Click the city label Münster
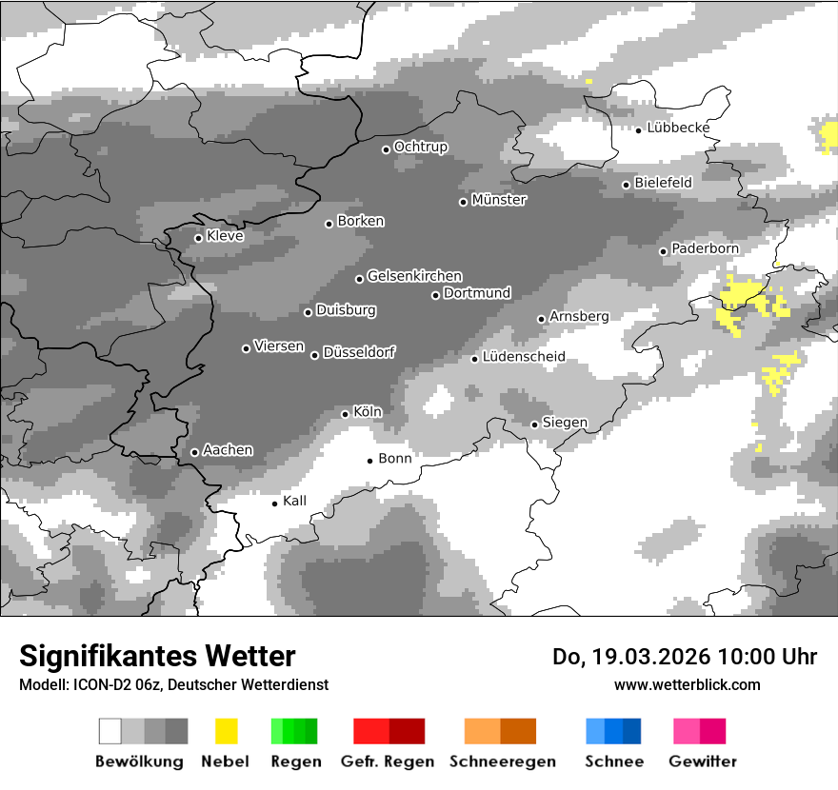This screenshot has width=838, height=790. point(499,200)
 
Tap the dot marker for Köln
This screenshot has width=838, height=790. point(345,414)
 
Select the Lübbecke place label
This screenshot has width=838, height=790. point(678,128)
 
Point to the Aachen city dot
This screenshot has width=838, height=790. point(194,452)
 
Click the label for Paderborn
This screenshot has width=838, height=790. point(705,248)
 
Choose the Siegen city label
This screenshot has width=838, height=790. point(565,423)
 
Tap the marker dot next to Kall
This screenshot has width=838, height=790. point(275,504)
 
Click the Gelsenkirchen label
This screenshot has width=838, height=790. point(414,276)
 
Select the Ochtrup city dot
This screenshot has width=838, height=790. point(386,149)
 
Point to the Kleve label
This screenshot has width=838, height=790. point(225,236)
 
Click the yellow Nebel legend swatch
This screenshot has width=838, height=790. point(226,731)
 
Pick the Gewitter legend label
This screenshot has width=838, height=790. point(702,761)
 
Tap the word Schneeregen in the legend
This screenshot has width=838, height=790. point(503,761)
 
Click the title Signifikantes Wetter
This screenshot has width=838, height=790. point(157,656)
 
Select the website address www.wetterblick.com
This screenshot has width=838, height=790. point(687,684)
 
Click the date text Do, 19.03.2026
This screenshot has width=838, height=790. point(630,657)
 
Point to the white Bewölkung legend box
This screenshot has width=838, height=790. point(110,731)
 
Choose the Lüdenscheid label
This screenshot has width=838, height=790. point(524,357)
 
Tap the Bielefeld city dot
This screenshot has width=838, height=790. point(626,185)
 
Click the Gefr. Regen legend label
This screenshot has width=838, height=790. point(388,761)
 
